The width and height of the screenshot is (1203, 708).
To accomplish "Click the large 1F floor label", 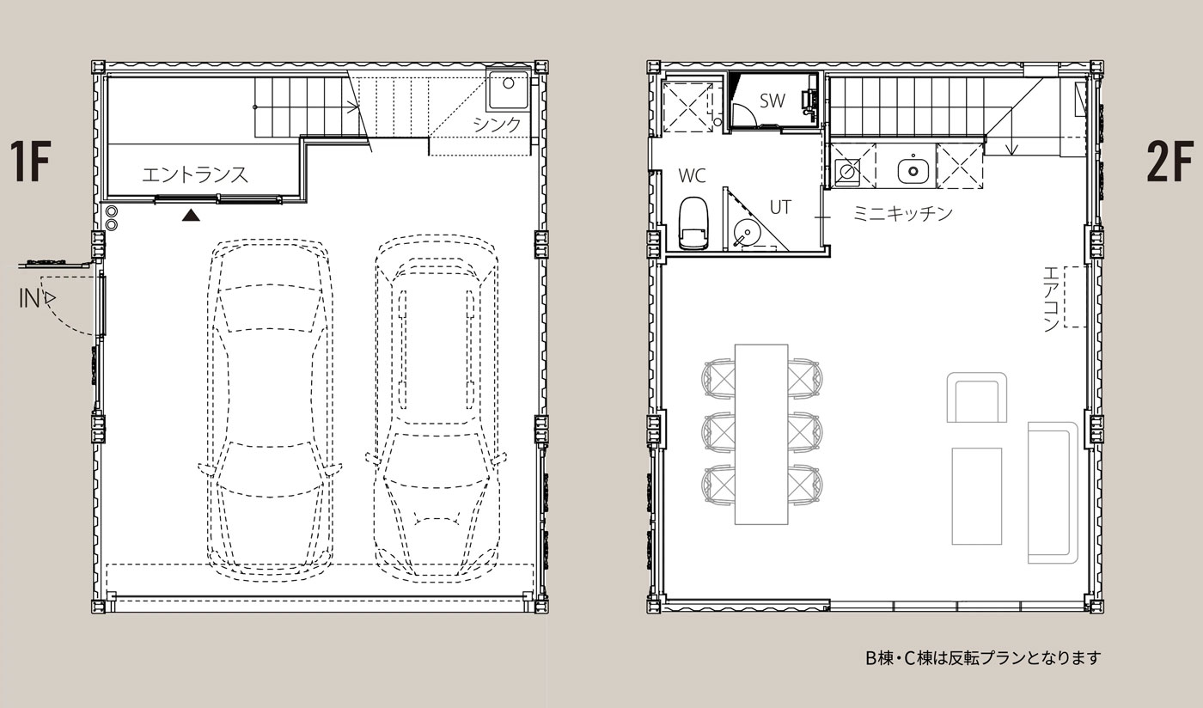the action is click(30, 162).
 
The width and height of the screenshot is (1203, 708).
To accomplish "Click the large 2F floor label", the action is click(1169, 162).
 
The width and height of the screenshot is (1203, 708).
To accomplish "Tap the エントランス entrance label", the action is click(195, 175).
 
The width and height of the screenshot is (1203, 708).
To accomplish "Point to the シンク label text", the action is click(497, 125).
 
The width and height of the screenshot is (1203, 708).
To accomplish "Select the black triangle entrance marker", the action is click(191, 216).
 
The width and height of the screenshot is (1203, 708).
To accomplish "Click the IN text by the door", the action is click(28, 299).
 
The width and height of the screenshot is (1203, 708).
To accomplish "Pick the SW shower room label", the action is click(772, 101).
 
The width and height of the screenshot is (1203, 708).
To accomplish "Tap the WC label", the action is click(692, 175).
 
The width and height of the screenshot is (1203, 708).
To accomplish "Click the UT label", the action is click(780, 207).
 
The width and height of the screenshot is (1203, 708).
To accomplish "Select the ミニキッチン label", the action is click(903, 213).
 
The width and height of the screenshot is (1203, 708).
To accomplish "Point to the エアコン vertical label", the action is click(1050, 299).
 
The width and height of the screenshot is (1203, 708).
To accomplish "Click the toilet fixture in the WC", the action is click(693, 223).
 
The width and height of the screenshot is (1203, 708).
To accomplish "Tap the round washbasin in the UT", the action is click(744, 234).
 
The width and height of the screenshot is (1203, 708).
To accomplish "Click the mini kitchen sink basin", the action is click(913, 171).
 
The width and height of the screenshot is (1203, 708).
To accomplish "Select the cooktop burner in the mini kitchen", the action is click(848, 172).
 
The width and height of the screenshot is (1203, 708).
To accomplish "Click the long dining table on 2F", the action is click(761, 434).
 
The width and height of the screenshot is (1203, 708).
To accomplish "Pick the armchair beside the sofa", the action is click(976, 398).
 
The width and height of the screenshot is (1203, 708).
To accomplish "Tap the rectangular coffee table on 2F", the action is click(977, 497).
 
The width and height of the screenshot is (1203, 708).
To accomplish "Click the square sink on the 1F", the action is click(508, 88).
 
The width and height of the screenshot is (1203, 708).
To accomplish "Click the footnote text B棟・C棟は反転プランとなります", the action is click(983, 658).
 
